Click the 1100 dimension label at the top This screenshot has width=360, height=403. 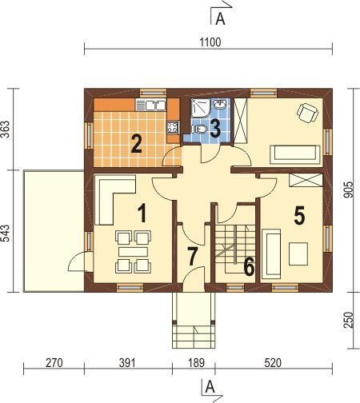tap(210, 42)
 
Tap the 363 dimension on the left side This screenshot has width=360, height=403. tap(5, 130)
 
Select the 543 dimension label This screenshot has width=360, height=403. tap(5, 233)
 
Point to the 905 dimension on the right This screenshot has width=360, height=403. tap(348, 190)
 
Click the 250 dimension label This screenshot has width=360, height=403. tap(349, 320)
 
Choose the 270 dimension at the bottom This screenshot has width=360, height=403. tap(54, 363)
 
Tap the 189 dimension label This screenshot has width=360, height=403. tap(196, 363)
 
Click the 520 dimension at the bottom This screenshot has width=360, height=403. tap(273, 363)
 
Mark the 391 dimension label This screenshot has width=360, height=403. tap(127, 363)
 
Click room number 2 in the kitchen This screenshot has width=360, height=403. tap(136, 144)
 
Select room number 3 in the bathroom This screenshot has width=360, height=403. tap(215, 128)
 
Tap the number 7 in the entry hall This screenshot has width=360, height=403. tap(192, 256)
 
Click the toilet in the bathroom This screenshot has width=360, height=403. tap(199, 129)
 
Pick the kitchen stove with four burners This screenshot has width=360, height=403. tap(173, 127)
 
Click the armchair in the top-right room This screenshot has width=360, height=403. tap(308, 113)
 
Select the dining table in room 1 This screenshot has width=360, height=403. tap(133, 252)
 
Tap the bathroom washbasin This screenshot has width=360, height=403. tap(220, 104)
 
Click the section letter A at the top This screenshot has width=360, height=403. tap(220, 18)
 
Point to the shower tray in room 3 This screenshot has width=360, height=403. tap(201, 108)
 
